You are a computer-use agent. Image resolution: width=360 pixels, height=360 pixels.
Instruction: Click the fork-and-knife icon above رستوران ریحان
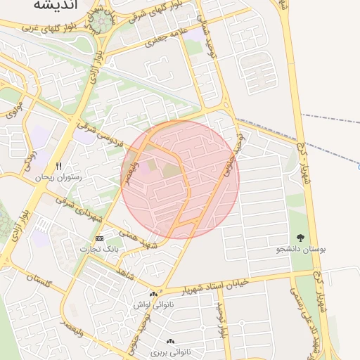click(x=59, y=166)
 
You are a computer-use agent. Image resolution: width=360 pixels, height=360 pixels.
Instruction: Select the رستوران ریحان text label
click(x=60, y=178)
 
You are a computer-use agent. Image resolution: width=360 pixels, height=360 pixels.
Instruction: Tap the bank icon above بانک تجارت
click(x=98, y=238)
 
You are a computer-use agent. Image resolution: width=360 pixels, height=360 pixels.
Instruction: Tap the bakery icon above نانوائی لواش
click(x=153, y=294)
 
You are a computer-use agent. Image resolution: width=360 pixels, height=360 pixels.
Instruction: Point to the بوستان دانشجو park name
click(x=302, y=250)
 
